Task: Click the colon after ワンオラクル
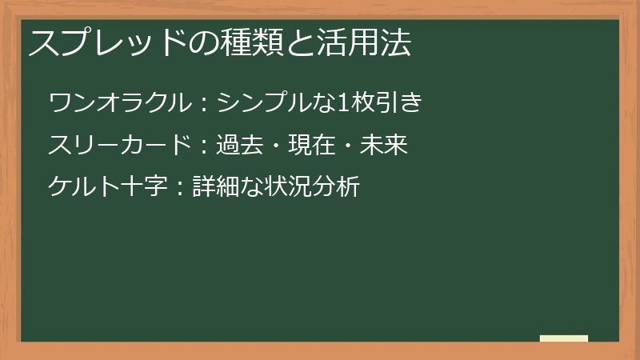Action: (204, 104)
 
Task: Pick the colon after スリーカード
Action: (204, 146)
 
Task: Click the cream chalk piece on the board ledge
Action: (564, 338)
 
